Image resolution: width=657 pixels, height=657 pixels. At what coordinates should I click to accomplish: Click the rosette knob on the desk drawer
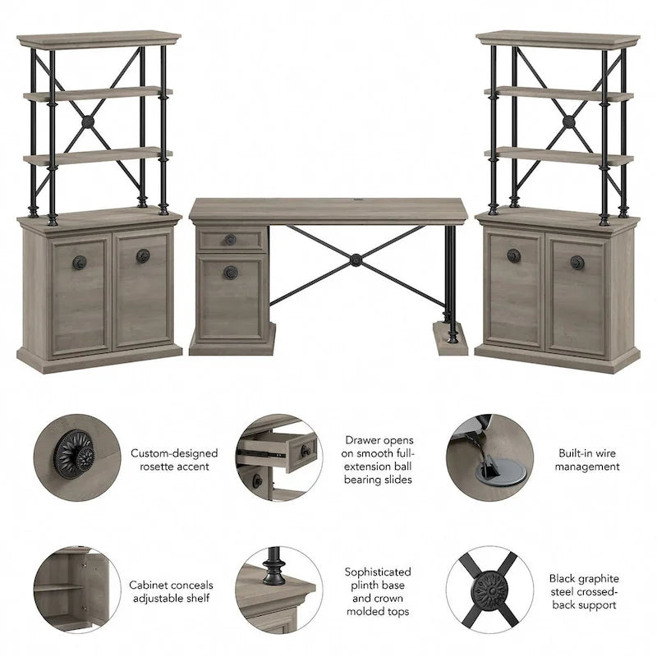pyautogui.click(x=230, y=240)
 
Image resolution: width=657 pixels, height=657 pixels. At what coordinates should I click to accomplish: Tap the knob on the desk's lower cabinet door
pyautogui.click(x=231, y=272)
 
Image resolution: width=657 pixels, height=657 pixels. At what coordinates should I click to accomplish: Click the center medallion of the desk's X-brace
pyautogui.click(x=356, y=260)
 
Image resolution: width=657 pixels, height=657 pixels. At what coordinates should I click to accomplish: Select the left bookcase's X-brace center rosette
pyautogui.click(x=88, y=122)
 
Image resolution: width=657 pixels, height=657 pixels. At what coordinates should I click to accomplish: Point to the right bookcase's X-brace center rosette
pyautogui.click(x=569, y=122)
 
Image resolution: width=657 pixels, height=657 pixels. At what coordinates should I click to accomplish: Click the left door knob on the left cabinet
pyautogui.click(x=80, y=262)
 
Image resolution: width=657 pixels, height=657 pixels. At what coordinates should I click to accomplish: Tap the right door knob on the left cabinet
pyautogui.click(x=143, y=255)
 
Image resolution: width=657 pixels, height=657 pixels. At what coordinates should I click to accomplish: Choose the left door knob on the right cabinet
pyautogui.click(x=514, y=255)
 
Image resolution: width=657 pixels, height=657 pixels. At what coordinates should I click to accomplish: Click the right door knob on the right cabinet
pyautogui.click(x=577, y=262)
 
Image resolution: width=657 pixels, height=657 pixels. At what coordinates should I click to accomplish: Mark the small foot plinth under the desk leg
pyautogui.click(x=451, y=338)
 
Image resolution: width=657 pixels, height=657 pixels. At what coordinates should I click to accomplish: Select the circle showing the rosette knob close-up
pyautogui.click(x=76, y=457)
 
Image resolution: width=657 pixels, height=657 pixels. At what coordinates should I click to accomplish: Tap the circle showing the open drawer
pyautogui.click(x=279, y=457)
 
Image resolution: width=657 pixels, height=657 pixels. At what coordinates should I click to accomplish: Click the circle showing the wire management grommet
pyautogui.click(x=489, y=457)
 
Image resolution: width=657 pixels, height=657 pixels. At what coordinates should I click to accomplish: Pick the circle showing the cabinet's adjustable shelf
pyautogui.click(x=76, y=590)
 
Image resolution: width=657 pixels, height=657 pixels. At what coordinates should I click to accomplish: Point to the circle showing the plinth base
pyautogui.click(x=279, y=590)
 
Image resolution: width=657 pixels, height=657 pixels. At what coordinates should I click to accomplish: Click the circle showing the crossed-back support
pyautogui.click(x=489, y=590)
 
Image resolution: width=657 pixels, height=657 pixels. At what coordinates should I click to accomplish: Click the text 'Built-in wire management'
pyautogui.click(x=586, y=460)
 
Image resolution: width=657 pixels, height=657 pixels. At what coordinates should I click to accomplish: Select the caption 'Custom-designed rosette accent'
pyautogui.click(x=174, y=460)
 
